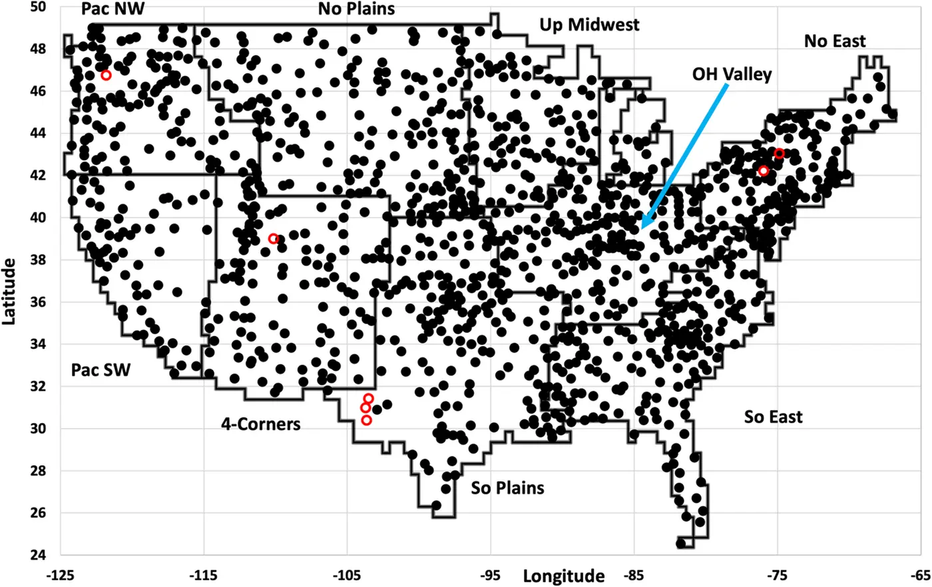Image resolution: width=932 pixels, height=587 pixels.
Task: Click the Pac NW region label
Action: point(113,9)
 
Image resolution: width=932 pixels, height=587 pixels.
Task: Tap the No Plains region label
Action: point(356,9)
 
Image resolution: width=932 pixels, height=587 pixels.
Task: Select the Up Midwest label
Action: point(589,25)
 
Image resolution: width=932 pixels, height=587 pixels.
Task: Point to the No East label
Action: point(835,41)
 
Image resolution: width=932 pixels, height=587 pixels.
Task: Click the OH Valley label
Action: point(732,73)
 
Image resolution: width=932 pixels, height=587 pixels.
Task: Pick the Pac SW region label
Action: point(101,370)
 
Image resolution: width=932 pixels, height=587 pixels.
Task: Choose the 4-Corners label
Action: point(261,424)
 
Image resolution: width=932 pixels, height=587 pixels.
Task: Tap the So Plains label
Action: point(507,489)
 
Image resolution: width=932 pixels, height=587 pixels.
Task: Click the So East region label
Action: point(773,417)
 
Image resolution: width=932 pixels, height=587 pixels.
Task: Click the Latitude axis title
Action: point(9,291)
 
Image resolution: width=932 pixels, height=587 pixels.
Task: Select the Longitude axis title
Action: point(563,576)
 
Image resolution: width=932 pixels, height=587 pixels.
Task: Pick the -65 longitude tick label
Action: point(921,574)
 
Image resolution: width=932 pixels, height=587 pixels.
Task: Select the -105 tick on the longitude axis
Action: point(347,574)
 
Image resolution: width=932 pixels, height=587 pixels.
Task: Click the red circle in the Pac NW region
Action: point(106,75)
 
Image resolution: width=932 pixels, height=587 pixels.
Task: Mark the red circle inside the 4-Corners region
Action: point(273,238)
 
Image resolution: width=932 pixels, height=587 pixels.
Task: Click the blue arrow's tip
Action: point(642,230)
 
